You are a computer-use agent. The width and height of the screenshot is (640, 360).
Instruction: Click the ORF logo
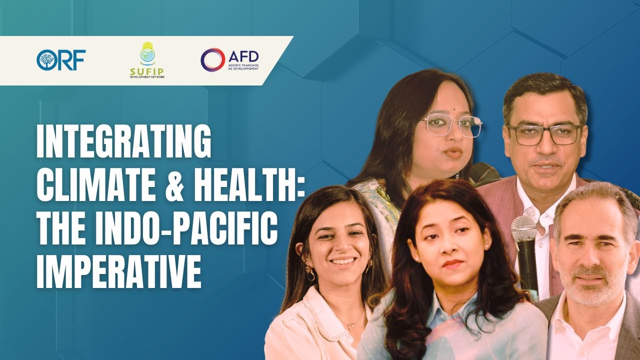(x=61, y=60)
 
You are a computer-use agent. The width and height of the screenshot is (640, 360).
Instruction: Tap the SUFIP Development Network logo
(x=146, y=60)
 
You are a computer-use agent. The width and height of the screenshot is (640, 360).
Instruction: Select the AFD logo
(x=229, y=59)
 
